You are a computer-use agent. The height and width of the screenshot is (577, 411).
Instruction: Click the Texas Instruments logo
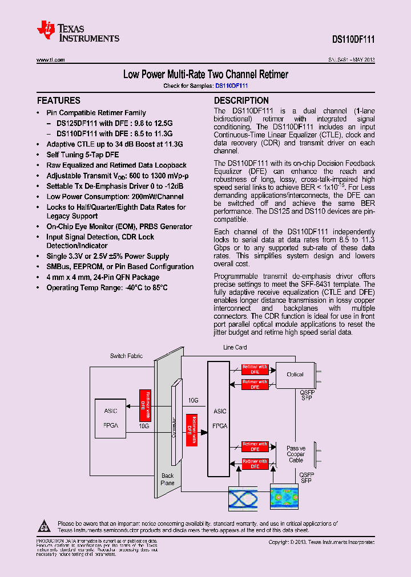pyautogui.click(x=78, y=32)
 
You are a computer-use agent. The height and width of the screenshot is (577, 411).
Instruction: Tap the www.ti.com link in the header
pyautogui.click(x=51, y=60)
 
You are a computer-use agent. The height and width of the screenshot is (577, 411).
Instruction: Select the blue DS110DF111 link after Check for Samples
pyautogui.click(x=231, y=86)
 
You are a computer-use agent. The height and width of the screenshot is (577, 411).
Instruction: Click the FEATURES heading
pyautogui.click(x=58, y=100)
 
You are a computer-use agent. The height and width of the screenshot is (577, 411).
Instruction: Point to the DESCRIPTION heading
pyautogui.click(x=241, y=100)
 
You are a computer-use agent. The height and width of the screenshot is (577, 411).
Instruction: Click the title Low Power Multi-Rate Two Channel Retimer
pyautogui.click(x=205, y=75)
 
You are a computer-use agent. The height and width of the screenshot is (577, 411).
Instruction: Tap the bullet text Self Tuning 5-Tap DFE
pyautogui.click(x=83, y=155)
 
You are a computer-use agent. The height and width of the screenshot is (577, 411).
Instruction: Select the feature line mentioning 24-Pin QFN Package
pyautogui.click(x=103, y=277)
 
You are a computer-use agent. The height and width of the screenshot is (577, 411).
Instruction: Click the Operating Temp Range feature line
pyautogui.click(x=107, y=287)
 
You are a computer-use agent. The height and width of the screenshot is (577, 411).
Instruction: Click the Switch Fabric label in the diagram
pyautogui.click(x=126, y=356)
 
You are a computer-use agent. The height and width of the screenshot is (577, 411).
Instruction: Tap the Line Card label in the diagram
pyautogui.click(x=235, y=347)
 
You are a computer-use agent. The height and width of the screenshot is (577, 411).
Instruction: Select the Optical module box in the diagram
pyautogui.click(x=295, y=375)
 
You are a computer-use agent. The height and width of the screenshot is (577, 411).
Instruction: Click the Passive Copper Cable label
pyautogui.click(x=296, y=454)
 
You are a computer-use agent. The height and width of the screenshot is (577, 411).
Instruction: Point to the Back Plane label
pyautogui.click(x=167, y=480)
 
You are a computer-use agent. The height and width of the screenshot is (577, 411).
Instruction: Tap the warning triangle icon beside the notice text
pyautogui.click(x=45, y=525)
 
